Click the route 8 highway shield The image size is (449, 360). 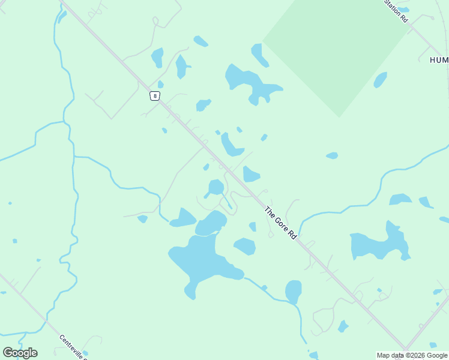point(155,95)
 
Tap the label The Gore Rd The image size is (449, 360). point(281,224)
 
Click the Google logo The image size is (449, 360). point(20,352)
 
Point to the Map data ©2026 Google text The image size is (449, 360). point(412,355)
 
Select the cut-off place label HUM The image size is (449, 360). point(439,60)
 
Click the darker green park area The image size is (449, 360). point(336,48)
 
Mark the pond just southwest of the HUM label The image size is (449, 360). point(380,80)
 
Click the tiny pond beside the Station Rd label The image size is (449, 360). point(403,10)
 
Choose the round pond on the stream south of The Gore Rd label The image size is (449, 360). point(293,291)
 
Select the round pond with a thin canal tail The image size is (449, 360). point(216,187)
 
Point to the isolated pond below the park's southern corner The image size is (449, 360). point(332,155)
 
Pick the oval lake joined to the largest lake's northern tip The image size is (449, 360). point(211,223)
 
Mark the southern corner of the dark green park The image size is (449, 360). point(339,116)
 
